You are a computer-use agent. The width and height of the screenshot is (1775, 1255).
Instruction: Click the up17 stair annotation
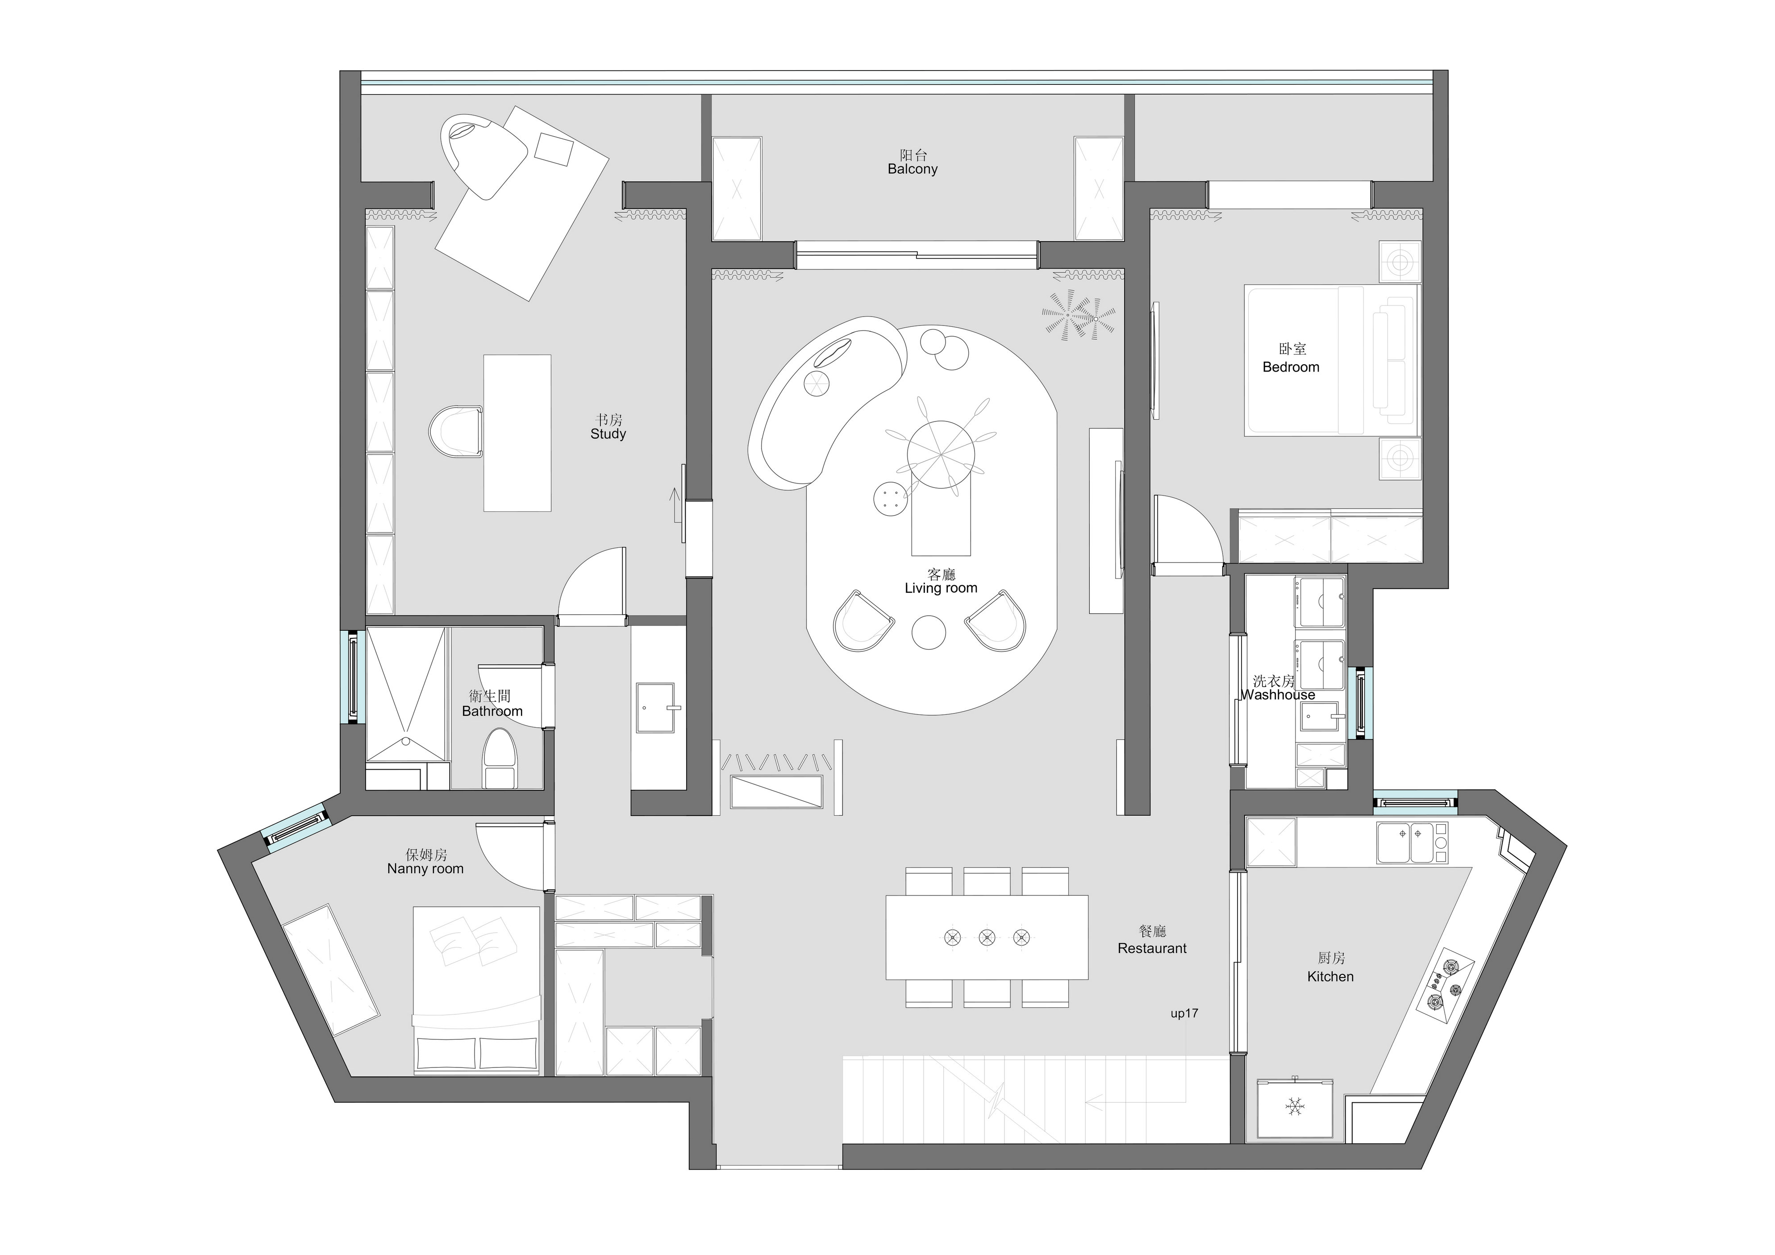point(1184,1013)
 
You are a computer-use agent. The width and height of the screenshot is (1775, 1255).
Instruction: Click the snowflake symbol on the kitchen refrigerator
point(1294,1106)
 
